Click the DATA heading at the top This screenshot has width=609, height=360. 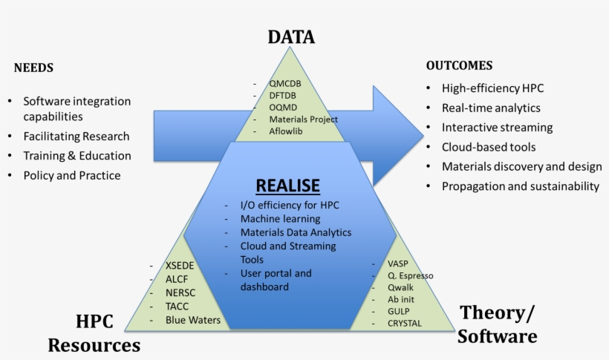[x=291, y=37]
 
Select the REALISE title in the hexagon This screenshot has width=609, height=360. [x=287, y=185]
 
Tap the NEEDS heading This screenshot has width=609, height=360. [x=33, y=68]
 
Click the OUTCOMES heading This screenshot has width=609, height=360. [x=459, y=65]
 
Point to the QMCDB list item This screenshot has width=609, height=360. [x=285, y=83]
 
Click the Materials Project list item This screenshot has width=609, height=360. [x=303, y=119]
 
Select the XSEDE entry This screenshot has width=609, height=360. [x=181, y=266]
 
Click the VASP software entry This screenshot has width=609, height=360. [x=398, y=264]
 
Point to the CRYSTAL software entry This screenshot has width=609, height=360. [x=404, y=323]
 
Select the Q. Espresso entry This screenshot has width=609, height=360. [x=410, y=275]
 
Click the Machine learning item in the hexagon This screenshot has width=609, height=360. [x=280, y=219]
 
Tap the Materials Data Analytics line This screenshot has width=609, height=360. [x=296, y=232]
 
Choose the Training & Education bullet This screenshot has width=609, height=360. [x=77, y=156]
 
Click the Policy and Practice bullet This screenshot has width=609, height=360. [x=71, y=175]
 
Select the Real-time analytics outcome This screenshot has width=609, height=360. [x=492, y=108]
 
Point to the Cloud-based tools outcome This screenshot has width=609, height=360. [x=488, y=147]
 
